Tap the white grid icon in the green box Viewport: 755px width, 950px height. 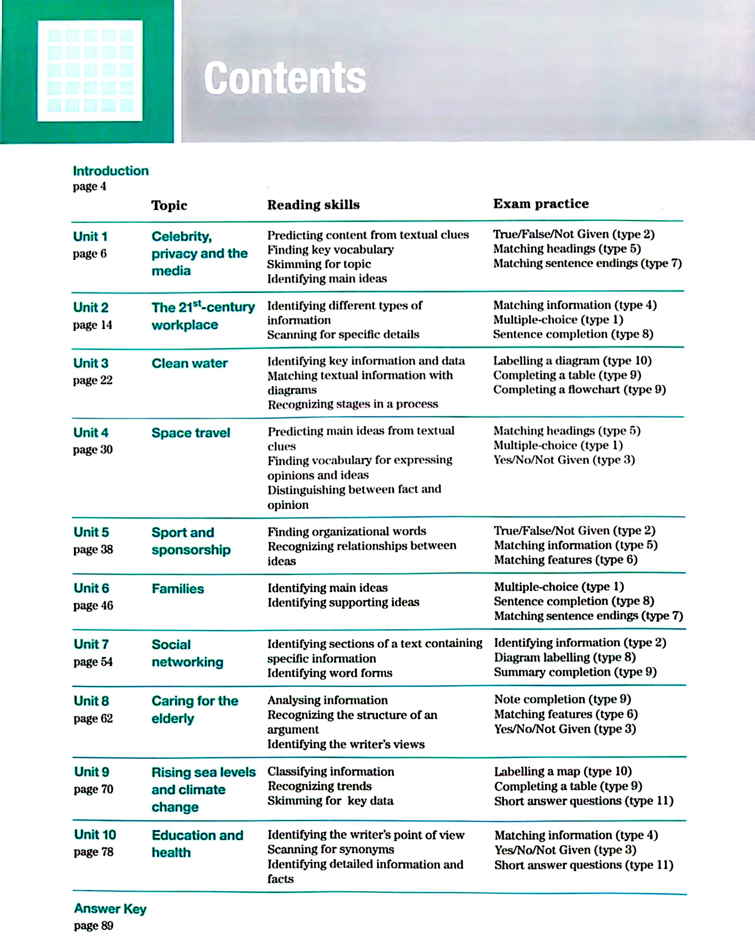pyautogui.click(x=90, y=71)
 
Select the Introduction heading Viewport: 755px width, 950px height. pyautogui.click(x=110, y=171)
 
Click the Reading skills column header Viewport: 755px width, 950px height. pyautogui.click(x=314, y=205)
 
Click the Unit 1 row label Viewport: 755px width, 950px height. pyautogui.click(x=90, y=237)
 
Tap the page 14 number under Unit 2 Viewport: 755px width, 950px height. pyautogui.click(x=92, y=325)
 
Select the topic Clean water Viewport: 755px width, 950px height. pyautogui.click(x=189, y=364)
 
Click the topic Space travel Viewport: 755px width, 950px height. pyautogui.click(x=190, y=433)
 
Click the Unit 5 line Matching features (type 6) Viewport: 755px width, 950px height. pyautogui.click(x=566, y=560)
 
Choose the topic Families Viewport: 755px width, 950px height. pyautogui.click(x=178, y=589)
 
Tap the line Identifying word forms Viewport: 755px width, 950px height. pyautogui.click(x=330, y=673)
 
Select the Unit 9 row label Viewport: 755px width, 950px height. pyautogui.click(x=91, y=772)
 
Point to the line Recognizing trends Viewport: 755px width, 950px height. pyautogui.click(x=320, y=787)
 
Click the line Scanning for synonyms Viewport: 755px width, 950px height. pyautogui.click(x=331, y=850)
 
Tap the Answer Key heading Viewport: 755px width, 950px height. pyautogui.click(x=110, y=909)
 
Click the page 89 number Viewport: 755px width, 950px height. pyautogui.click(x=93, y=926)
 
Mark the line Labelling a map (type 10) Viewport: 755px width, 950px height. pyautogui.click(x=563, y=771)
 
